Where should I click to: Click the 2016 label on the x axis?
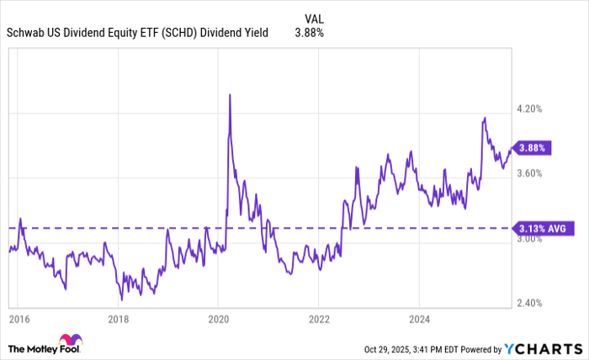pyautogui.click(x=19, y=320)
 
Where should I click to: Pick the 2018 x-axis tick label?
pyautogui.click(x=119, y=320)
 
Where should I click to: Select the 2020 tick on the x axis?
pyautogui.click(x=218, y=320)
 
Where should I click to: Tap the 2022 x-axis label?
pyautogui.click(x=318, y=320)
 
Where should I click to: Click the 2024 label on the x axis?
pyautogui.click(x=419, y=320)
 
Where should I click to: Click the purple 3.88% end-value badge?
pyautogui.click(x=534, y=147)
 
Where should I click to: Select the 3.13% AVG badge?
pyautogui.click(x=544, y=227)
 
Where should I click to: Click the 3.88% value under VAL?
pyautogui.click(x=309, y=33)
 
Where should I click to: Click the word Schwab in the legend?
pyautogui.click(x=25, y=33)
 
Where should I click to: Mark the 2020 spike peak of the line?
pyautogui.click(x=230, y=95)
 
